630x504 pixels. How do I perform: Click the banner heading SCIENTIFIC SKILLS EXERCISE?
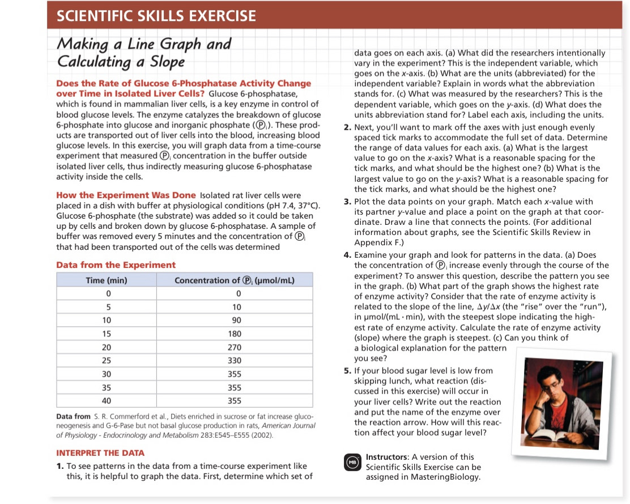(x=156, y=16)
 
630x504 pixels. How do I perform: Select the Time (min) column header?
(x=106, y=280)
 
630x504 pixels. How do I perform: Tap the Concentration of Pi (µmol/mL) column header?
(x=235, y=280)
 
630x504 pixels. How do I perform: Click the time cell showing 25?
(x=106, y=361)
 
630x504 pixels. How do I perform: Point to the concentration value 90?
(x=237, y=321)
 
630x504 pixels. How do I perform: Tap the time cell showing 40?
(x=106, y=401)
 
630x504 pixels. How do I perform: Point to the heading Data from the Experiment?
(x=116, y=265)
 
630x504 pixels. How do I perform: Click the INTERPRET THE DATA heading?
(x=100, y=452)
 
